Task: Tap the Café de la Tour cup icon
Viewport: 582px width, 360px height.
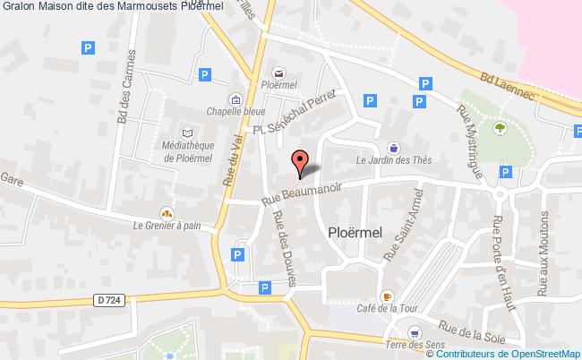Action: (x=387, y=296)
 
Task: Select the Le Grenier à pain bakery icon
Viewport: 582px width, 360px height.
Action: (x=166, y=213)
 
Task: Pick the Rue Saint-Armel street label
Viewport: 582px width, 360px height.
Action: (x=402, y=230)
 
